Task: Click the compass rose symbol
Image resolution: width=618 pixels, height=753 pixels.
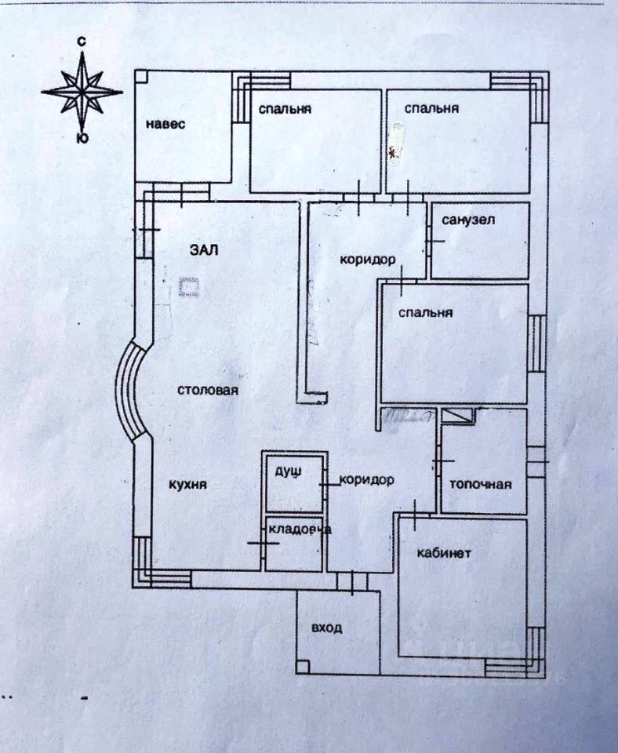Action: (x=82, y=93)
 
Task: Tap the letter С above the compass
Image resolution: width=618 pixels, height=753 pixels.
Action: (x=81, y=40)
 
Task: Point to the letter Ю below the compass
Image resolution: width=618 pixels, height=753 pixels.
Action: (x=81, y=139)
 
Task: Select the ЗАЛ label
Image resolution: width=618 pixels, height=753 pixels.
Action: (x=204, y=250)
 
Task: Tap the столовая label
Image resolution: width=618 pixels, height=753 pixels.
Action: (x=207, y=390)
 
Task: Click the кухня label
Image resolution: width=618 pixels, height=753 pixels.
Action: (x=188, y=484)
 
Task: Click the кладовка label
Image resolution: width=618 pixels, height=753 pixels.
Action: (x=299, y=529)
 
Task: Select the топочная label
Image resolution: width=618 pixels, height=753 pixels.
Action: (x=480, y=484)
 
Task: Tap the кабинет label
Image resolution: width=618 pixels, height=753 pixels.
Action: (x=444, y=552)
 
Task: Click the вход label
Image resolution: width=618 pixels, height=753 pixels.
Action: (x=326, y=627)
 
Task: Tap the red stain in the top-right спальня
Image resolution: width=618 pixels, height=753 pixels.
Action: (x=393, y=151)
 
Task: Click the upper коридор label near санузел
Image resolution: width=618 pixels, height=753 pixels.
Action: (x=366, y=260)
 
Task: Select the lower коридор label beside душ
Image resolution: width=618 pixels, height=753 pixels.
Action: (x=366, y=480)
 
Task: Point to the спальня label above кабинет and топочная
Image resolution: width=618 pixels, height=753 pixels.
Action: (x=426, y=312)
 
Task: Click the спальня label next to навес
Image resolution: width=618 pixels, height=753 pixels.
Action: (x=285, y=109)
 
